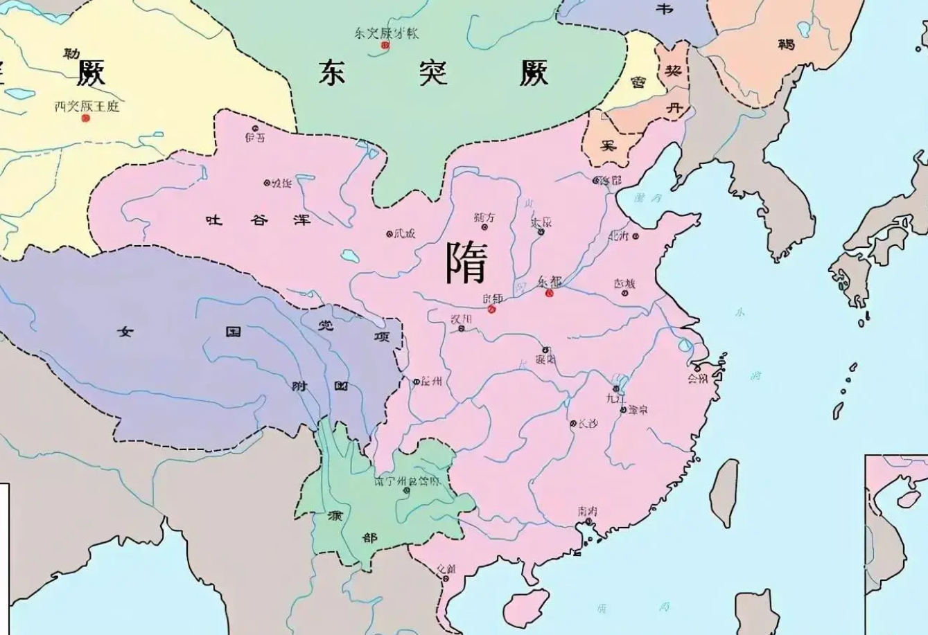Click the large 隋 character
point(466,263)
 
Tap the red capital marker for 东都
point(550,293)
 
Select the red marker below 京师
point(492,309)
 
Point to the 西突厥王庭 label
point(87,106)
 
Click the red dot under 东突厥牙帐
point(386,45)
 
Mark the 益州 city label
point(431,381)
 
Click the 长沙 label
point(587,423)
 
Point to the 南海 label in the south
point(587,512)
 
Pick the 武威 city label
point(405,233)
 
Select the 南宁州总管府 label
point(406,481)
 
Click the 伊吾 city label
point(254,137)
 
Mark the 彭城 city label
point(624,283)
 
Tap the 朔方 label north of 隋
point(484,217)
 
